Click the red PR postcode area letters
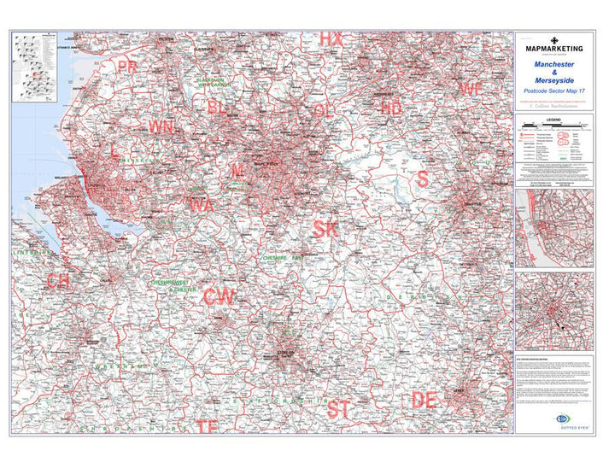coord(128,66)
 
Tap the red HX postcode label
coord(331,39)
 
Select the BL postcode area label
coord(218,107)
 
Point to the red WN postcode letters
coord(161,127)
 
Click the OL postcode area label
coord(324,110)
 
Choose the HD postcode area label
coord(391,108)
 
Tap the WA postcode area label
coord(202,205)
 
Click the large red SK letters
coord(325,229)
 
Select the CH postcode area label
coord(58,282)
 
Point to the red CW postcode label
coord(220,296)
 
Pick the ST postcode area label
coord(338,409)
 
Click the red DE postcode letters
coord(424,400)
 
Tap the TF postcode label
coord(207,426)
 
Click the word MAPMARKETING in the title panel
coord(553,50)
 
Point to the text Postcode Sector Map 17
coord(553,91)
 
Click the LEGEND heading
coord(553,120)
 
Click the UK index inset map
coord(33,67)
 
